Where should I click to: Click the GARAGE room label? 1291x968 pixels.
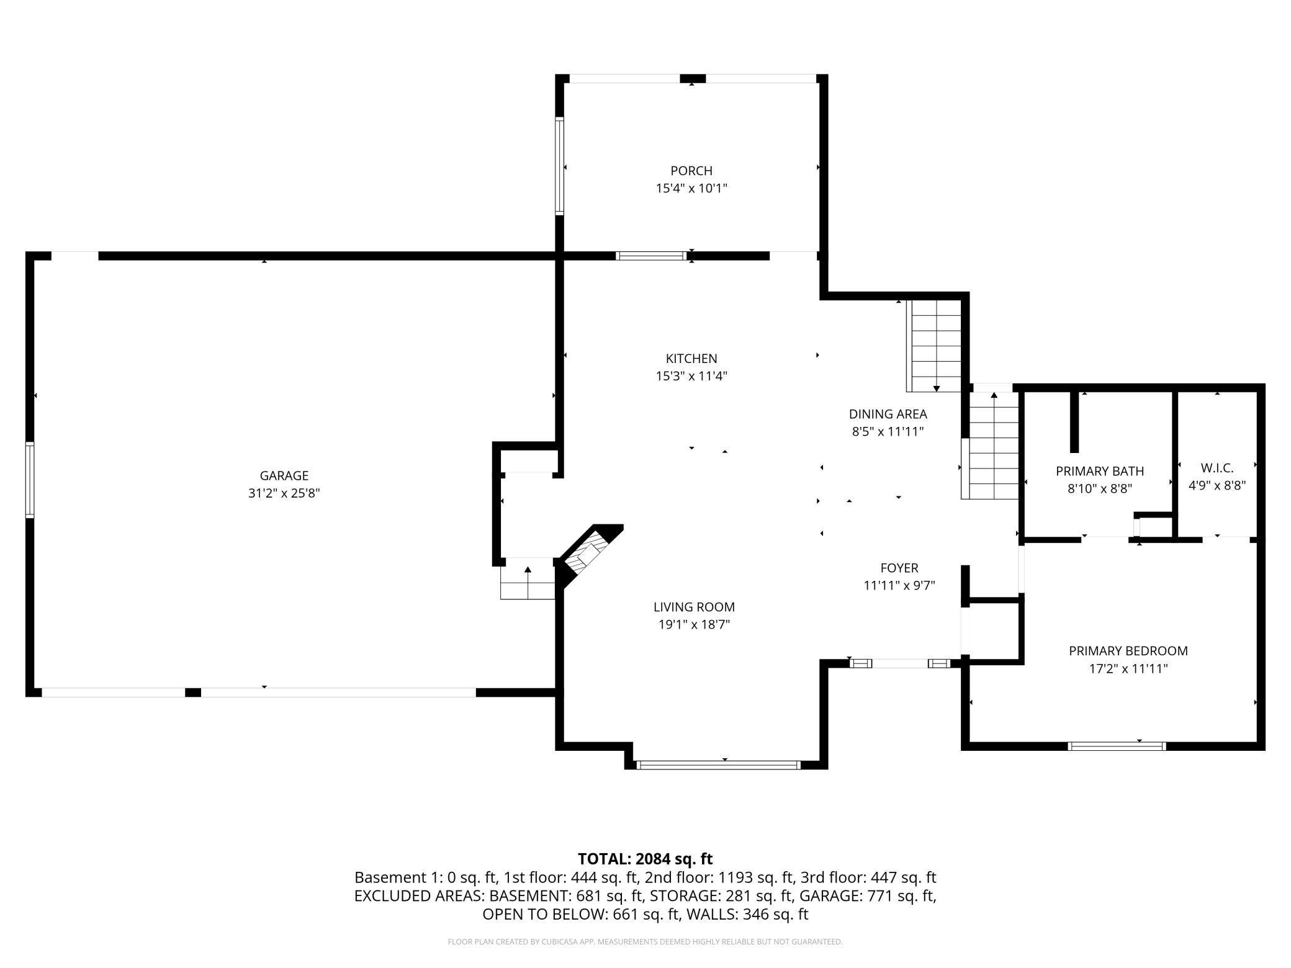[284, 476]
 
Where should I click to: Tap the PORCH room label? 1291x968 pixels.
[691, 171]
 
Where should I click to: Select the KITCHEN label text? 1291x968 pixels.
[691, 359]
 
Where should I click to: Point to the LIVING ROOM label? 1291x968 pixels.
[694, 607]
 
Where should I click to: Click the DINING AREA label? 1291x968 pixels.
[888, 414]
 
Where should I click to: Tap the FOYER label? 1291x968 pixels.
[899, 568]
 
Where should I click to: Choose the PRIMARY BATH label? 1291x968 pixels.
[1100, 472]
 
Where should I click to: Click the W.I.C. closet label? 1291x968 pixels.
[1217, 468]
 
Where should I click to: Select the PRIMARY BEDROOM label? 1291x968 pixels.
[1128, 651]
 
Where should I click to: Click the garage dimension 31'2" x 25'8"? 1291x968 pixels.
[284, 493]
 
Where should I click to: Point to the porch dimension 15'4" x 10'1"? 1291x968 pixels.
[691, 188]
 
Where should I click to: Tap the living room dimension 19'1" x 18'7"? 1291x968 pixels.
[694, 625]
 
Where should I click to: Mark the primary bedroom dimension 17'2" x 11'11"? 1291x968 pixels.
[1128, 668]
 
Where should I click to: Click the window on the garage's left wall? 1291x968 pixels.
[29, 479]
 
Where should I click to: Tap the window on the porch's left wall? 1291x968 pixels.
[559, 166]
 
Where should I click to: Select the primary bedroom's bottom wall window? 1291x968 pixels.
[1117, 746]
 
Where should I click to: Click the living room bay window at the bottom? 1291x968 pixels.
[719, 765]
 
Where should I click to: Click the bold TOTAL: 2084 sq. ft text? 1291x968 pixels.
[645, 859]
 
